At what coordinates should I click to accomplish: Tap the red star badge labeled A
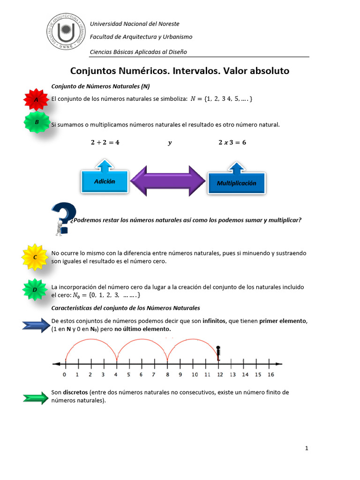[x=37, y=100]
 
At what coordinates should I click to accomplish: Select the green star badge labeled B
[x=37, y=122]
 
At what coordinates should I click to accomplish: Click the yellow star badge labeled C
[x=35, y=257]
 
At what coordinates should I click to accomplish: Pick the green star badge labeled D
[x=35, y=289]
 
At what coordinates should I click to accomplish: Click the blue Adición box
[x=105, y=180]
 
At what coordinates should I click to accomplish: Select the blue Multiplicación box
[x=236, y=182]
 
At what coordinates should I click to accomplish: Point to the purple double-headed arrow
[x=168, y=180]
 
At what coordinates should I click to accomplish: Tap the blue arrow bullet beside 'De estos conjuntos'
[x=36, y=324]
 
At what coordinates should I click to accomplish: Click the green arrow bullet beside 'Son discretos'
[x=36, y=398]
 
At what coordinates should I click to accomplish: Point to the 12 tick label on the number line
[x=219, y=375]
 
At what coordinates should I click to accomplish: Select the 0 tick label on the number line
[x=65, y=375]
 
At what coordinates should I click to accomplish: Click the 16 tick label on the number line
[x=270, y=375]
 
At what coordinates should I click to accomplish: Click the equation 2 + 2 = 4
[x=105, y=142]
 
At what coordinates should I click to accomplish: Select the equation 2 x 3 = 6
[x=232, y=142]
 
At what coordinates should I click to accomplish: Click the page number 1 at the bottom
[x=307, y=449]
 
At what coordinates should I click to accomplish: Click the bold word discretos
[x=76, y=392]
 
